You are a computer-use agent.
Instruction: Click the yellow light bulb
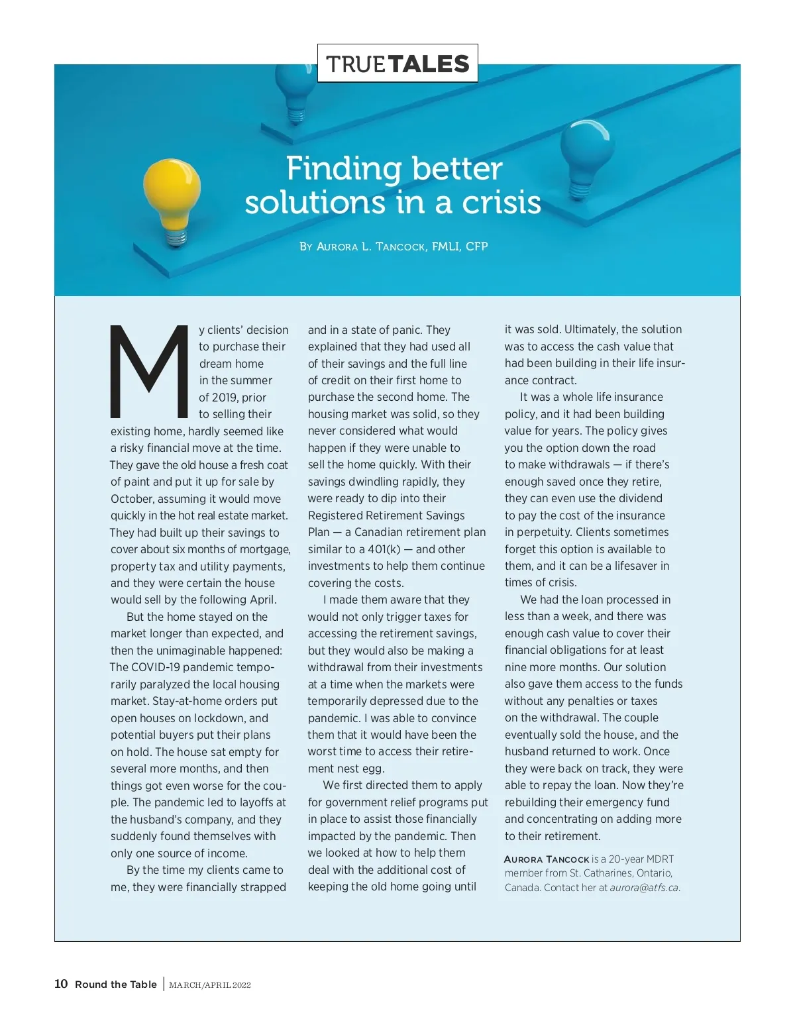coord(172,195)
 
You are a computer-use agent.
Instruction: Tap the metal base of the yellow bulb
coord(176,238)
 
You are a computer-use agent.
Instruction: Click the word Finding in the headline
coord(335,168)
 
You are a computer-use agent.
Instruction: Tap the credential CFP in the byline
coord(476,246)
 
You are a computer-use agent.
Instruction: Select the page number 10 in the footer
coord(61,984)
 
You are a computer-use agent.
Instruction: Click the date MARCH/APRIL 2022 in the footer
coord(210,985)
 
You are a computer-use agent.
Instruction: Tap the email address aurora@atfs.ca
coord(645,888)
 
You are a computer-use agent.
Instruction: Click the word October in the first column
coord(131,499)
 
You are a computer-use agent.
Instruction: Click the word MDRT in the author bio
coord(659,859)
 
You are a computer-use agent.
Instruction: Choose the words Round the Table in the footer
coord(116,985)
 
